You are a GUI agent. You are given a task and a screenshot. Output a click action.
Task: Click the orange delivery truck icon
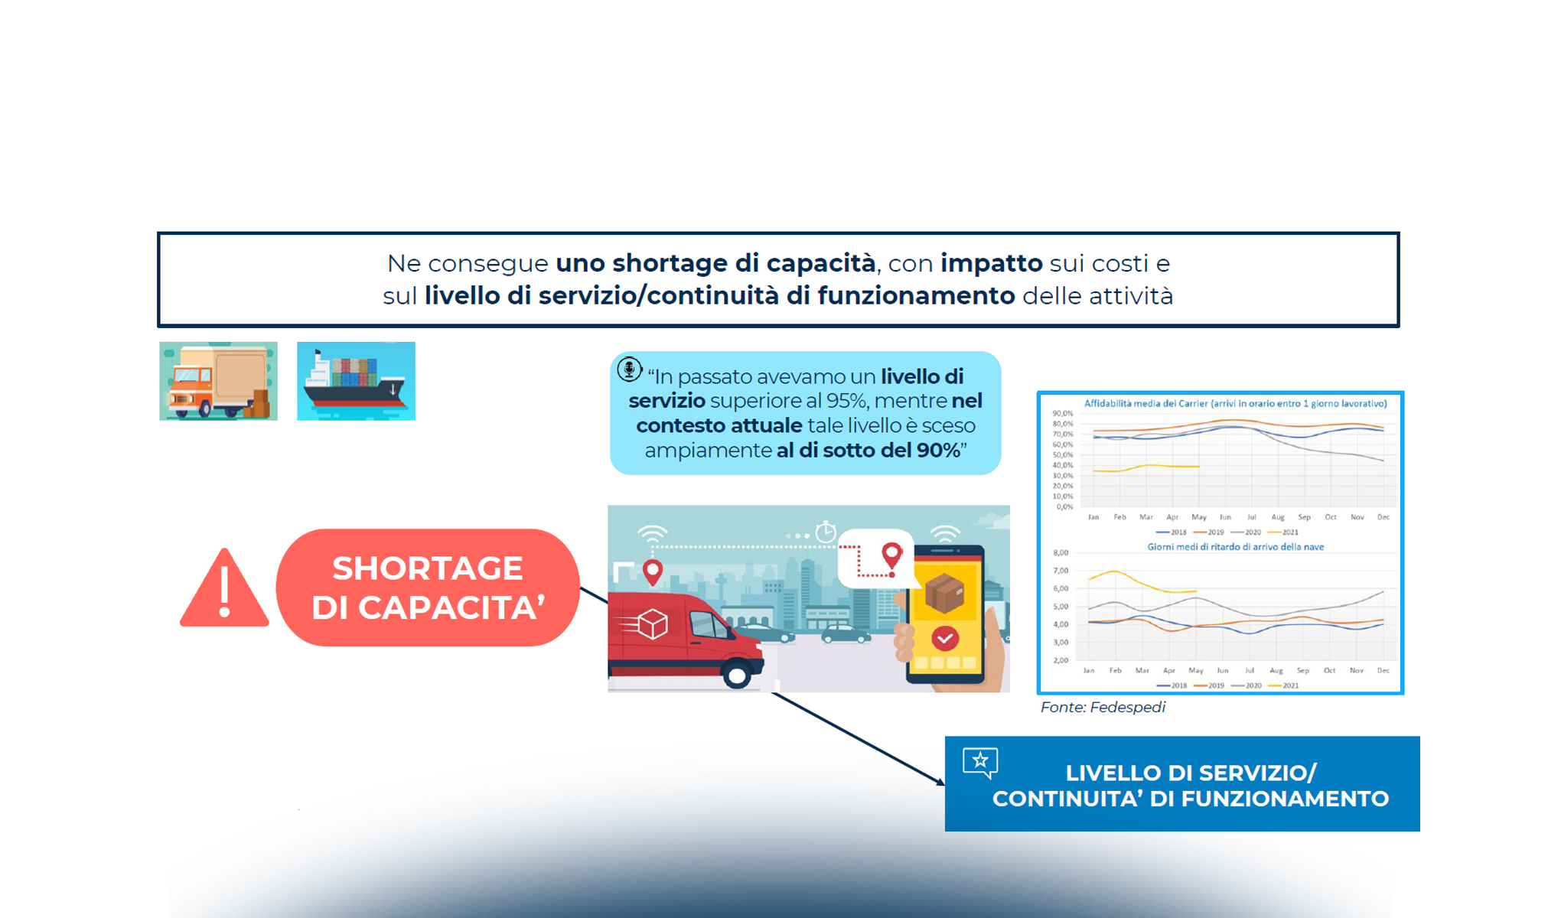pyautogui.click(x=218, y=381)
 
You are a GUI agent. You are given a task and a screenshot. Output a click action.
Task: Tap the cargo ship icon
pyautogui.click(x=356, y=381)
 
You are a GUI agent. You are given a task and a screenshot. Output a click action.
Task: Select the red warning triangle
pyautogui.click(x=224, y=589)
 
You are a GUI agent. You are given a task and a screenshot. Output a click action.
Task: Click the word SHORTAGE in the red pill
pyautogui.click(x=427, y=568)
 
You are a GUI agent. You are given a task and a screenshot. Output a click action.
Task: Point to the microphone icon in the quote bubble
pyautogui.click(x=629, y=369)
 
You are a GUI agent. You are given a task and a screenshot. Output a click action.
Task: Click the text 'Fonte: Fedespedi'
pyautogui.click(x=1103, y=708)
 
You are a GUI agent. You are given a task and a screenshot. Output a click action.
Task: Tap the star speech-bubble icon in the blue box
pyautogui.click(x=980, y=763)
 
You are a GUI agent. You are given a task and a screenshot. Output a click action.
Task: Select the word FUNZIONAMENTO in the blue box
pyautogui.click(x=1285, y=799)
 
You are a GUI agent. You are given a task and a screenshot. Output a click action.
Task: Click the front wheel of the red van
pyautogui.click(x=738, y=675)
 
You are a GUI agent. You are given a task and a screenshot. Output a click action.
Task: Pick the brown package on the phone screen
pyautogui.click(x=944, y=593)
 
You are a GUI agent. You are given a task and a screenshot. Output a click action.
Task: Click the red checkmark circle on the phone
pyautogui.click(x=945, y=638)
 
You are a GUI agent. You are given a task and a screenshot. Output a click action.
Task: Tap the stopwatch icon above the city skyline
pyautogui.click(x=825, y=532)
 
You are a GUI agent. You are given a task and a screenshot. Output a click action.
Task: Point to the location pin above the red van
pyautogui.click(x=652, y=571)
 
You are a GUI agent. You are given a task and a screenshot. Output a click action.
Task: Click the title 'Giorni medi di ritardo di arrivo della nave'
pyautogui.click(x=1235, y=547)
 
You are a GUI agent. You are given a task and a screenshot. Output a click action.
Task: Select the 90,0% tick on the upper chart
pyautogui.click(x=1063, y=414)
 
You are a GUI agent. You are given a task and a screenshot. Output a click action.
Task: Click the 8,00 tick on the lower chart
pyautogui.click(x=1061, y=552)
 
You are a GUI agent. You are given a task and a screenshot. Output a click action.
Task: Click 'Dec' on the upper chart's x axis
pyautogui.click(x=1383, y=517)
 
